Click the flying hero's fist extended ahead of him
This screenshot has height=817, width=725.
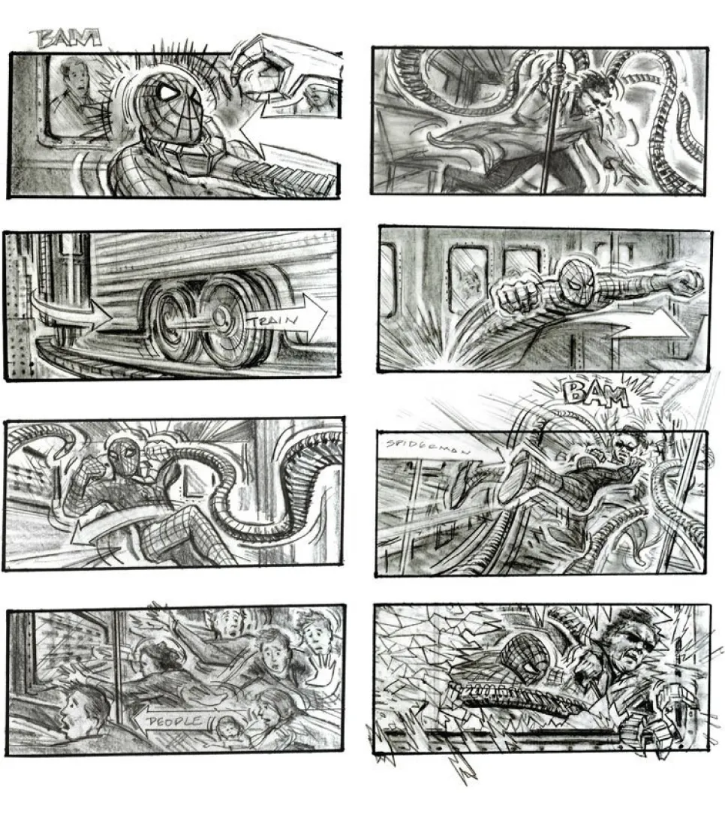click(684, 282)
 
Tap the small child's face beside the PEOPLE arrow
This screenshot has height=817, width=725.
click(225, 728)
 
